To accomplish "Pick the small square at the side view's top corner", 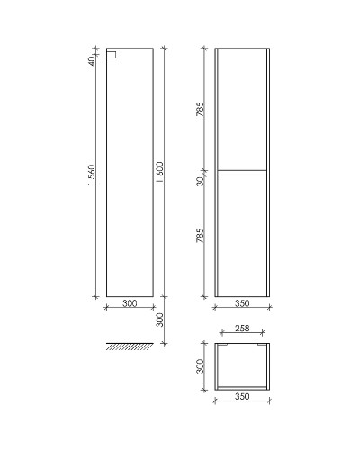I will coord(111,54).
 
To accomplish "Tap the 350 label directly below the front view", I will coord(241,304).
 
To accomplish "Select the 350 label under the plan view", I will coord(241,397).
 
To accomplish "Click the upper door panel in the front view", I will coord(241,108).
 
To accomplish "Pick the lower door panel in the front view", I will coord(241,236).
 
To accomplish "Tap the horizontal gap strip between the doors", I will coord(241,170).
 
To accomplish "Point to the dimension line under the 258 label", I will coord(241,337).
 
